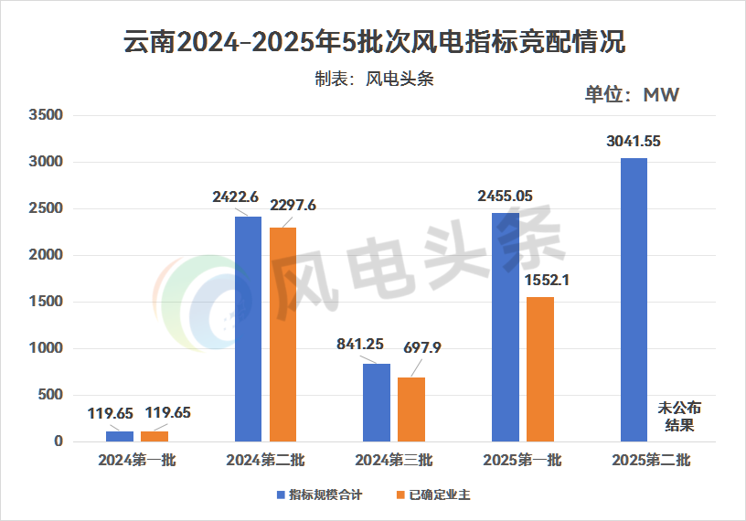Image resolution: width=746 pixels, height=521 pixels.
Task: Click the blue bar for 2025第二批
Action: pos(634,300)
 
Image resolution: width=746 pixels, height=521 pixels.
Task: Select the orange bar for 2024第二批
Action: pos(282,335)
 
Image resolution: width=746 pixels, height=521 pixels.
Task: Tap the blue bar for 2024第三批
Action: pos(377,402)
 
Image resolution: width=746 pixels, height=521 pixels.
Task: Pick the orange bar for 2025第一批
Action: pos(539,369)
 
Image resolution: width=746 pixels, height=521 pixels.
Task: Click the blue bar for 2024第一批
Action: pos(120,436)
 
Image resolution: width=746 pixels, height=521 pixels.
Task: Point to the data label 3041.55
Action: pos(634,142)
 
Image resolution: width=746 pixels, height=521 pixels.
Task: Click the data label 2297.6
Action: pos(290,206)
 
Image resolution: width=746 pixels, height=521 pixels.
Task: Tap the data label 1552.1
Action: pos(548,281)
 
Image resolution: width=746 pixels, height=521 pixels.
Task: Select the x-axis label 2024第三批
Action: pos(394,461)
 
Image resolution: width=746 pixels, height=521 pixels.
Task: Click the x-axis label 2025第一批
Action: pos(522,461)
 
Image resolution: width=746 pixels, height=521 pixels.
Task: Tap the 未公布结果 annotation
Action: pos(678,416)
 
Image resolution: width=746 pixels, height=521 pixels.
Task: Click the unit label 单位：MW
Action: pos(633,95)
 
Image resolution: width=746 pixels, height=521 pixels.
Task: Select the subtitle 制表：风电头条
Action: pos(373,79)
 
